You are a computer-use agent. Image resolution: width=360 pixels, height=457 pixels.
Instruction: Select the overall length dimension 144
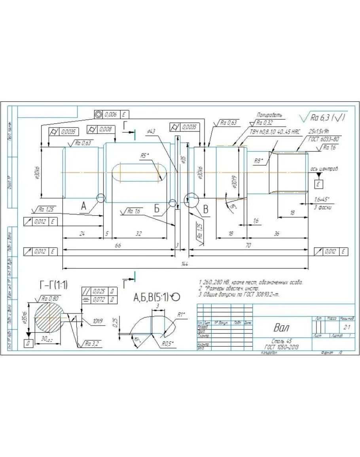184,264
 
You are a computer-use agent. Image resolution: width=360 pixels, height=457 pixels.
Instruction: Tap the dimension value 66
117,246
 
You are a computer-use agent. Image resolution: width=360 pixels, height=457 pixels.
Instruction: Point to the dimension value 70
248,246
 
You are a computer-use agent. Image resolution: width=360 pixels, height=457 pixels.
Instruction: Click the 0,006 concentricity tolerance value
111,114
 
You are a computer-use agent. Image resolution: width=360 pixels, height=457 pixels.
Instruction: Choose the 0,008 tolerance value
105,129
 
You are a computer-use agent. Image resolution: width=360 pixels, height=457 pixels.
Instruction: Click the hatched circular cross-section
49,316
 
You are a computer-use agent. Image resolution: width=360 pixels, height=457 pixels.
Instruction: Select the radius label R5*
144,156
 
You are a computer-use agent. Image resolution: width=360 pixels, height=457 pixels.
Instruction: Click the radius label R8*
259,161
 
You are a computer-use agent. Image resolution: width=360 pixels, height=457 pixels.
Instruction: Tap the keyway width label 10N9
98,322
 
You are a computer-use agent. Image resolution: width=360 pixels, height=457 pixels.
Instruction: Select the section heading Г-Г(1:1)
53,284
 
